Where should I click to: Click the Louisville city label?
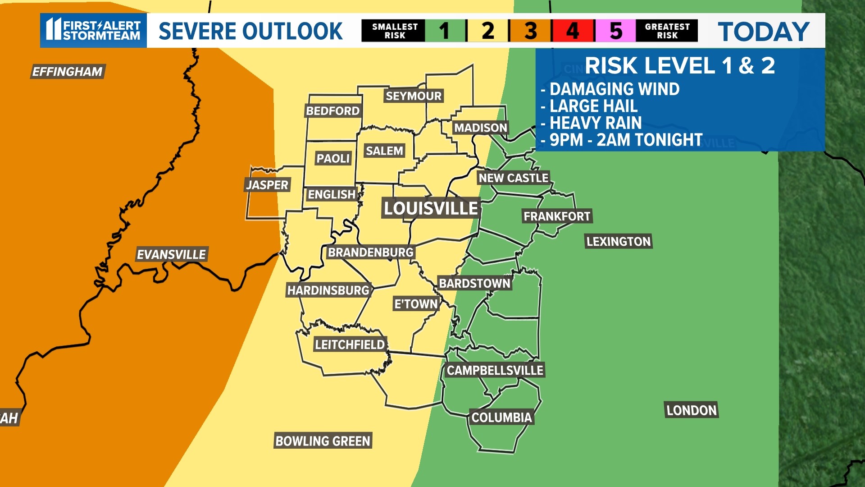click(x=431, y=208)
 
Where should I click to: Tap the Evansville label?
click(x=171, y=254)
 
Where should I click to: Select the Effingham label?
click(x=68, y=71)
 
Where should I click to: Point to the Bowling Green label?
click(x=323, y=441)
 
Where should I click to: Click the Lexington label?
click(x=618, y=241)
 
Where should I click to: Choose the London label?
click(x=691, y=410)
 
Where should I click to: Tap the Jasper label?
click(x=267, y=184)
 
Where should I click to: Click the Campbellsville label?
click(x=495, y=370)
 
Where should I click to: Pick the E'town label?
click(x=416, y=304)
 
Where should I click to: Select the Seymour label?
click(x=414, y=96)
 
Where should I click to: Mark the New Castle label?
click(x=513, y=178)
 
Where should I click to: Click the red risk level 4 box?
click(x=573, y=31)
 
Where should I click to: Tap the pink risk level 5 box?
click(x=615, y=31)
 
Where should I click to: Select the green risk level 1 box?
click(x=445, y=31)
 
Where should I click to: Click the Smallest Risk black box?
click(x=394, y=31)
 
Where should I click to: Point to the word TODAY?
click(x=764, y=32)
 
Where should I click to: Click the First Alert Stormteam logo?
click(x=94, y=30)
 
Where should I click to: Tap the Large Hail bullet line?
click(x=593, y=106)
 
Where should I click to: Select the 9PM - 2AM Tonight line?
click(x=625, y=140)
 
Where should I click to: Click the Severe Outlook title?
click(x=250, y=31)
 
